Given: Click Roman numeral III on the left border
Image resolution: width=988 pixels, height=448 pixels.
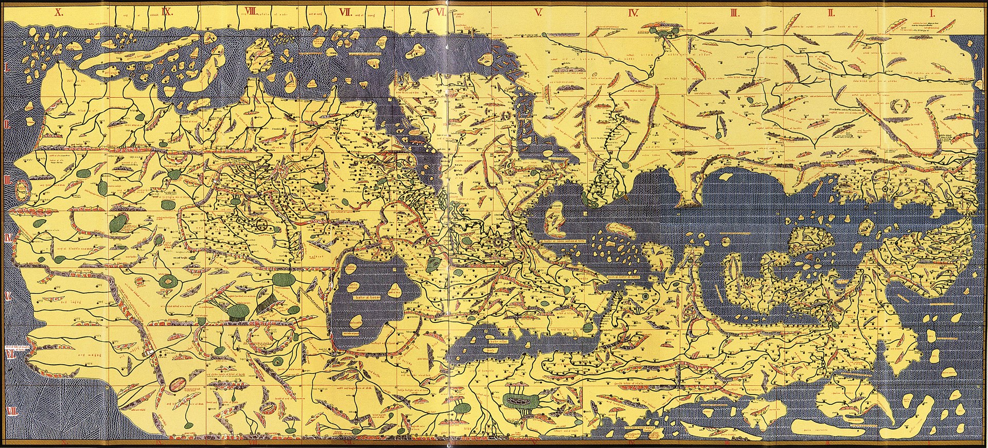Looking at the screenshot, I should (7, 180).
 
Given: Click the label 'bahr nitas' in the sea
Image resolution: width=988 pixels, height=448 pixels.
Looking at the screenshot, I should (497, 341).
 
